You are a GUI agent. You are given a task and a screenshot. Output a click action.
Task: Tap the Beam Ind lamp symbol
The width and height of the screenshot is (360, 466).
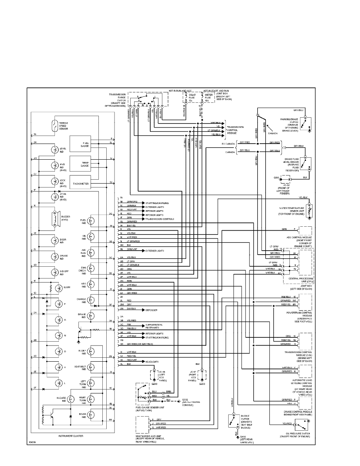coord(91,415)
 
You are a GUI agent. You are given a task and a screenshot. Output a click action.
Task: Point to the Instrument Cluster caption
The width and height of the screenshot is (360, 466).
coord(70,436)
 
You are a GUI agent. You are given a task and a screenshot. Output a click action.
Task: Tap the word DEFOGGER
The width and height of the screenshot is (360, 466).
coord(152,310)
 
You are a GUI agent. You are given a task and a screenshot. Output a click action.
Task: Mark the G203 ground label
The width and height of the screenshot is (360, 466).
coord(202,384)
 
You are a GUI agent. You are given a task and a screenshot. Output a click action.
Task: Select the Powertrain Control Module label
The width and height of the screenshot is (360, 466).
coord(299,315)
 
